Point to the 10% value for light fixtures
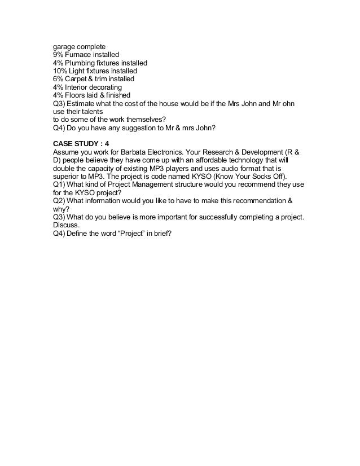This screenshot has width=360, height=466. [60, 72]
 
